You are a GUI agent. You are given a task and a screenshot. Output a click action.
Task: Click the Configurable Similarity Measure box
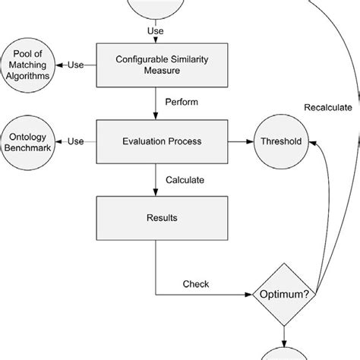(156, 65)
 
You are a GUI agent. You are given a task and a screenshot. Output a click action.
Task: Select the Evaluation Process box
(156, 141)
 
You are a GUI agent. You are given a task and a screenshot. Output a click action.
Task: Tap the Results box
(156, 218)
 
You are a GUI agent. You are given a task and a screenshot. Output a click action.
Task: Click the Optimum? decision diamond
(284, 294)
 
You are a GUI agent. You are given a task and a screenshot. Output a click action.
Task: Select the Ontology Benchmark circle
(28, 141)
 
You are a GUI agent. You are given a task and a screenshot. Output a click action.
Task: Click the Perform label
(182, 102)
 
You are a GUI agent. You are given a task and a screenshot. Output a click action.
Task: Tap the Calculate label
(185, 180)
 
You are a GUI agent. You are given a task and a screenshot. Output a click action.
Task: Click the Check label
(196, 285)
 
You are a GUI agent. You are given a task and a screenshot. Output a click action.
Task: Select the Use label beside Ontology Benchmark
(75, 141)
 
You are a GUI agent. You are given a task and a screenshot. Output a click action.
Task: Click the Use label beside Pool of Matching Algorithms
(75, 65)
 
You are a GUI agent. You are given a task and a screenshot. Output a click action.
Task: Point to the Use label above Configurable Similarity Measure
(155, 31)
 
